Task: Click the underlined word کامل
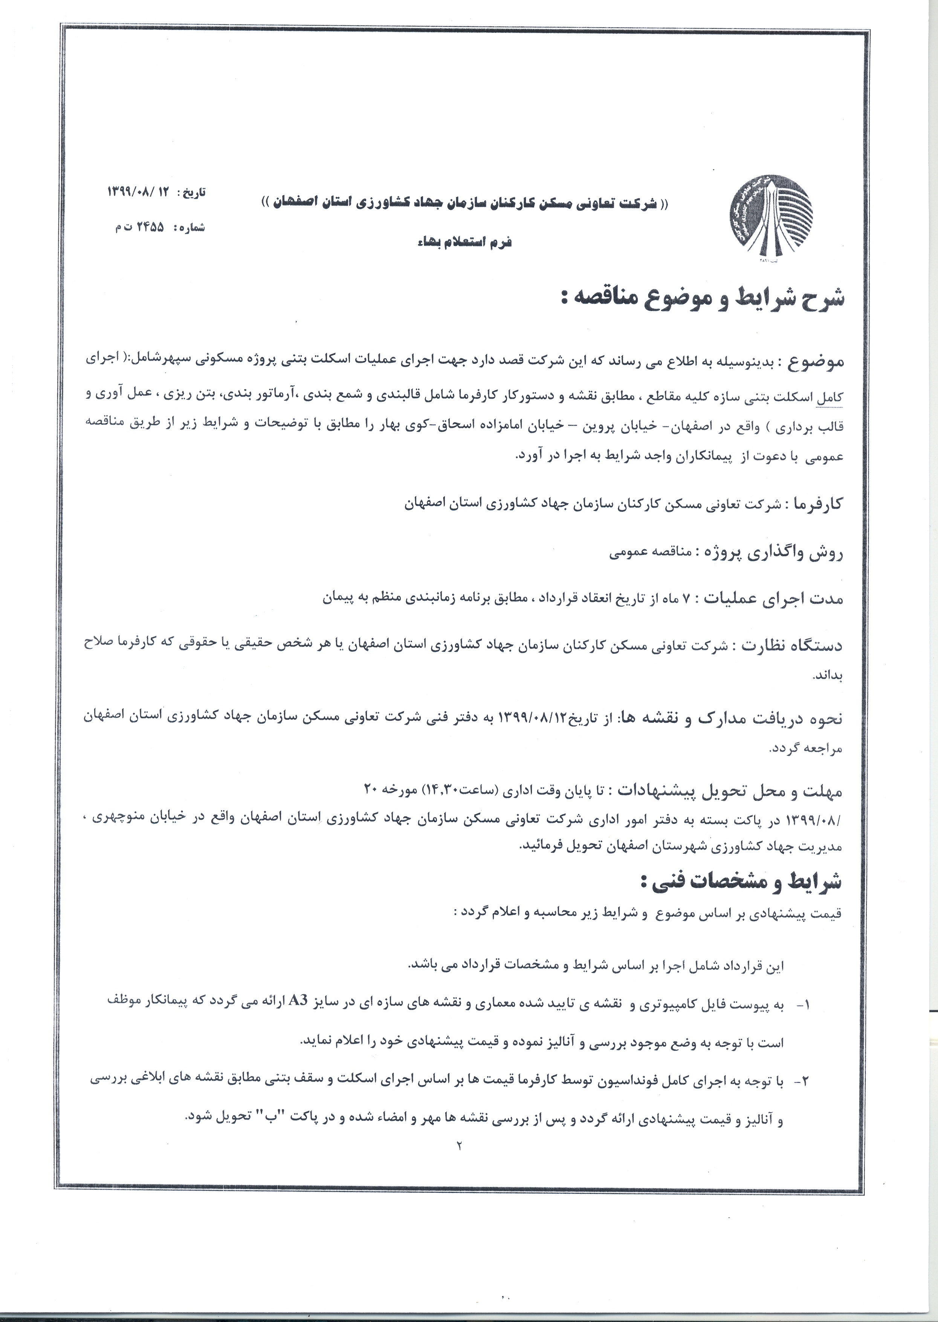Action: coord(831,398)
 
